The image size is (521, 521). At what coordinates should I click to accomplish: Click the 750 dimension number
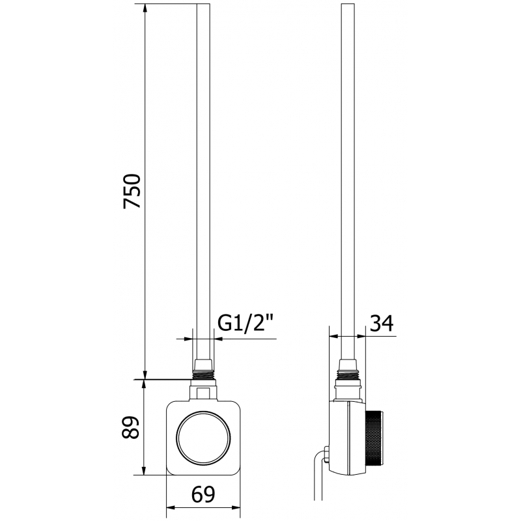133,191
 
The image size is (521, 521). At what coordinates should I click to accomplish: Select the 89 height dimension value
133,427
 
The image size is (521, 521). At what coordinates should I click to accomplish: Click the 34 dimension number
382,323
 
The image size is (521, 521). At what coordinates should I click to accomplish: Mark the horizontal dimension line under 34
365,337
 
